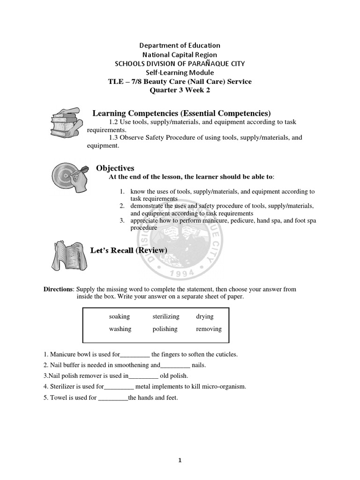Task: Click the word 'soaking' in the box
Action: pos(120,316)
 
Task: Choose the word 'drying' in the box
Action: pos(205,316)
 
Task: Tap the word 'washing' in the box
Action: pos(120,329)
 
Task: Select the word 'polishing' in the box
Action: pos(165,329)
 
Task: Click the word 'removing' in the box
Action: pos(209,329)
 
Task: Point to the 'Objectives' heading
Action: pos(115,168)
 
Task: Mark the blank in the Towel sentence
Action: pos(113,398)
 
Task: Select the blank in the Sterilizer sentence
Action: pos(119,387)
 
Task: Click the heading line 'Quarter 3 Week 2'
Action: pos(180,90)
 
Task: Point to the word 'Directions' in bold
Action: pos(59,289)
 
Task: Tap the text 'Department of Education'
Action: pos(180,45)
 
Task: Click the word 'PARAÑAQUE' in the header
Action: pos(209,63)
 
